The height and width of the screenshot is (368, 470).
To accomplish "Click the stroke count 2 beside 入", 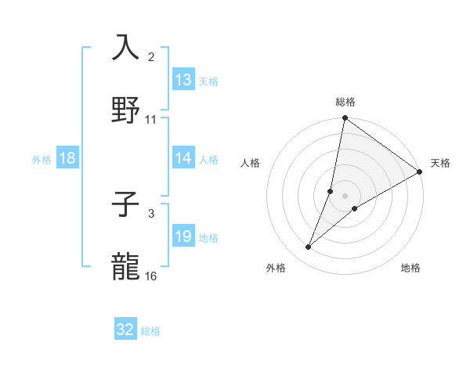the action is [151, 57].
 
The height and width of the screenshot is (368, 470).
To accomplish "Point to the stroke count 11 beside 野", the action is [151, 120].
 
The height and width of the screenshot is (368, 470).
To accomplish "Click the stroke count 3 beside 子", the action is [151, 213].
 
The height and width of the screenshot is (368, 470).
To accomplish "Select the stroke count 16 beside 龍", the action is [151, 276].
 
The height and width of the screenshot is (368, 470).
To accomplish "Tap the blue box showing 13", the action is [183, 79].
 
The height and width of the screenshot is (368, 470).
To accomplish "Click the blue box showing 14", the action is [183, 158].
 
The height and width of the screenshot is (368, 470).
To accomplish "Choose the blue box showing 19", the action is [183, 236].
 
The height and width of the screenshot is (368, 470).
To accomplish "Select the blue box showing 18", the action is [67, 158].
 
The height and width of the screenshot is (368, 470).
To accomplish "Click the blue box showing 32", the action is [125, 330].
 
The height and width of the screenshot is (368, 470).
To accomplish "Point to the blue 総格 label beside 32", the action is [150, 331].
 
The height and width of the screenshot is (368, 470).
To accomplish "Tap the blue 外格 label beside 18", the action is [42, 160].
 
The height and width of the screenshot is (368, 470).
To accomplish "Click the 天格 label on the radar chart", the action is [440, 163].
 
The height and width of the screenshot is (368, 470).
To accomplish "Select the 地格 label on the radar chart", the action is [410, 268].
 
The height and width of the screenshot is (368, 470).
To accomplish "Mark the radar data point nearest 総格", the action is [345, 119].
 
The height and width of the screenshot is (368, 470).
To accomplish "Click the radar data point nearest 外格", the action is [309, 247].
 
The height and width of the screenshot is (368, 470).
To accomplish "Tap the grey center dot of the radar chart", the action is [345, 195].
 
